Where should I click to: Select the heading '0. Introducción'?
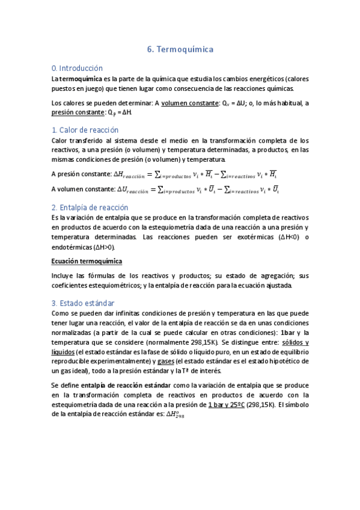tap(78, 68)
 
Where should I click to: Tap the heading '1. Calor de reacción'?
tap(85, 130)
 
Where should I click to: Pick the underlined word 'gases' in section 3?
tap(166, 361)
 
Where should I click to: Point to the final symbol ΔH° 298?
tap(174, 416)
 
